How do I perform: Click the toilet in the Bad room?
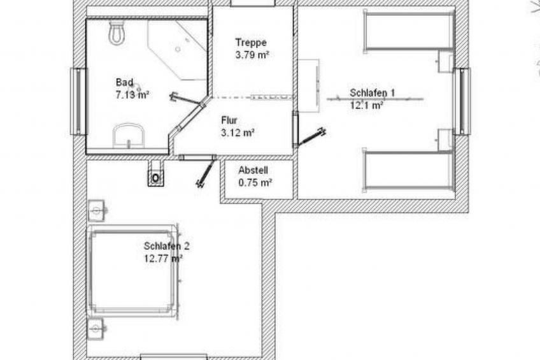pos(117,32)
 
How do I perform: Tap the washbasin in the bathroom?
pos(129,136)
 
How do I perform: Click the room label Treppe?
pos(251,43)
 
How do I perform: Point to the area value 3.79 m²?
pos(252,55)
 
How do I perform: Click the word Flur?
pos(229,120)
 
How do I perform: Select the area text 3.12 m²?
pos(238,133)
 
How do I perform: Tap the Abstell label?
pos(253,170)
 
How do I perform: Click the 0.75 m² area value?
pos(255,183)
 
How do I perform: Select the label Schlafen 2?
pos(167,247)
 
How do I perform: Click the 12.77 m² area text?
pos(163,259)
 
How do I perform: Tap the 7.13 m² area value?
pos(132,95)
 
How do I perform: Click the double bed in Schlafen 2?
pos(133,271)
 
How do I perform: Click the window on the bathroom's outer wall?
pos(78,101)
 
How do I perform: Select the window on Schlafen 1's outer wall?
pos(462,101)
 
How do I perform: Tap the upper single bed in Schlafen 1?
pos(409,31)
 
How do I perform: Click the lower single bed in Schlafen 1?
pos(409,170)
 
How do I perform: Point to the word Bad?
pos(125,83)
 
